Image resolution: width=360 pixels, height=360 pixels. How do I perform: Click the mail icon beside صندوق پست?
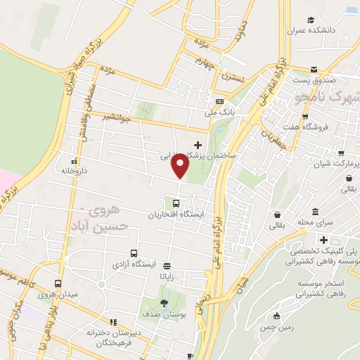314,71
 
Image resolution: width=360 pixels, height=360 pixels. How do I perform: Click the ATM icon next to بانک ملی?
219,101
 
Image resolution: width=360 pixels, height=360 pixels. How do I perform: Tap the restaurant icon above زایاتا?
167,266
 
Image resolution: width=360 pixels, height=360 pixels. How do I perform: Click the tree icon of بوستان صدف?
165,303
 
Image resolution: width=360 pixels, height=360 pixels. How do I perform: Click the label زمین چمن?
276,328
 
